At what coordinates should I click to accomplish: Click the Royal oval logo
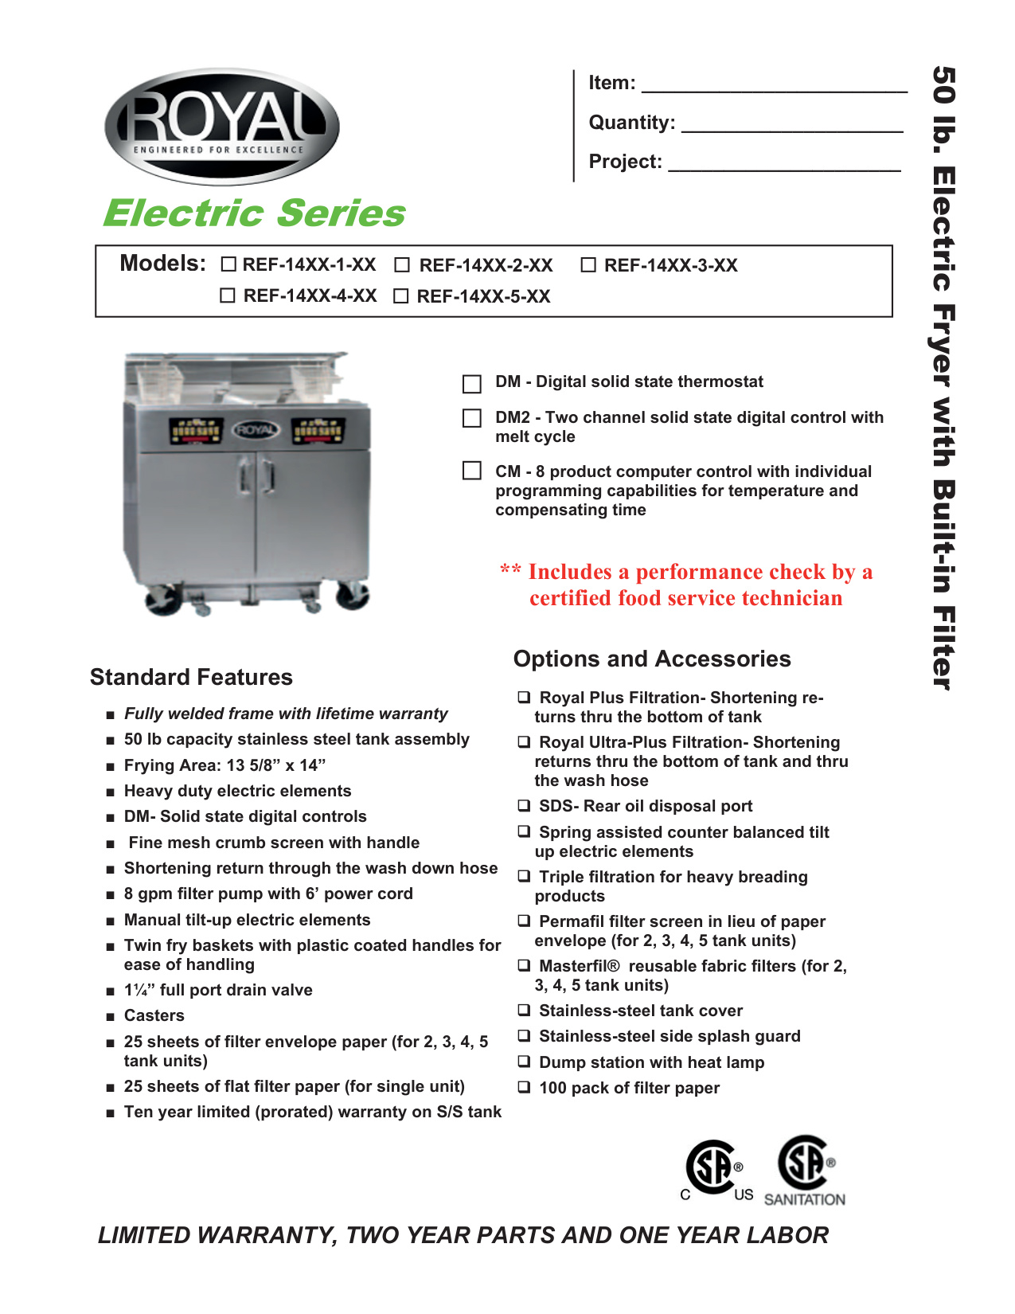pos(222,127)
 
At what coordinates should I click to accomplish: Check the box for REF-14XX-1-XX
pos(228,264)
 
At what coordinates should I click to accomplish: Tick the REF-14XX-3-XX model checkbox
pos(588,265)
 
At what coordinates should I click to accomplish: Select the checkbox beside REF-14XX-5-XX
pos(401,296)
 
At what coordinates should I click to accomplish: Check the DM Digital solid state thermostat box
pos(472,384)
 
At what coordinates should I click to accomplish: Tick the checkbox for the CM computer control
pos(472,471)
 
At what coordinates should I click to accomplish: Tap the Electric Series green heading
pos(255,213)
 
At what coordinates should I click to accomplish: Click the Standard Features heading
pos(191,677)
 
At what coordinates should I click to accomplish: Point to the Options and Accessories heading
pos(652,659)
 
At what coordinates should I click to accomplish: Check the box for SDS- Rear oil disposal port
pos(525,806)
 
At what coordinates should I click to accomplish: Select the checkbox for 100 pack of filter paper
pos(525,1087)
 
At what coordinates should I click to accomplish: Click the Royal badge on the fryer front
pos(256,430)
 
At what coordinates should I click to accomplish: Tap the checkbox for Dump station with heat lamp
pos(525,1062)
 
